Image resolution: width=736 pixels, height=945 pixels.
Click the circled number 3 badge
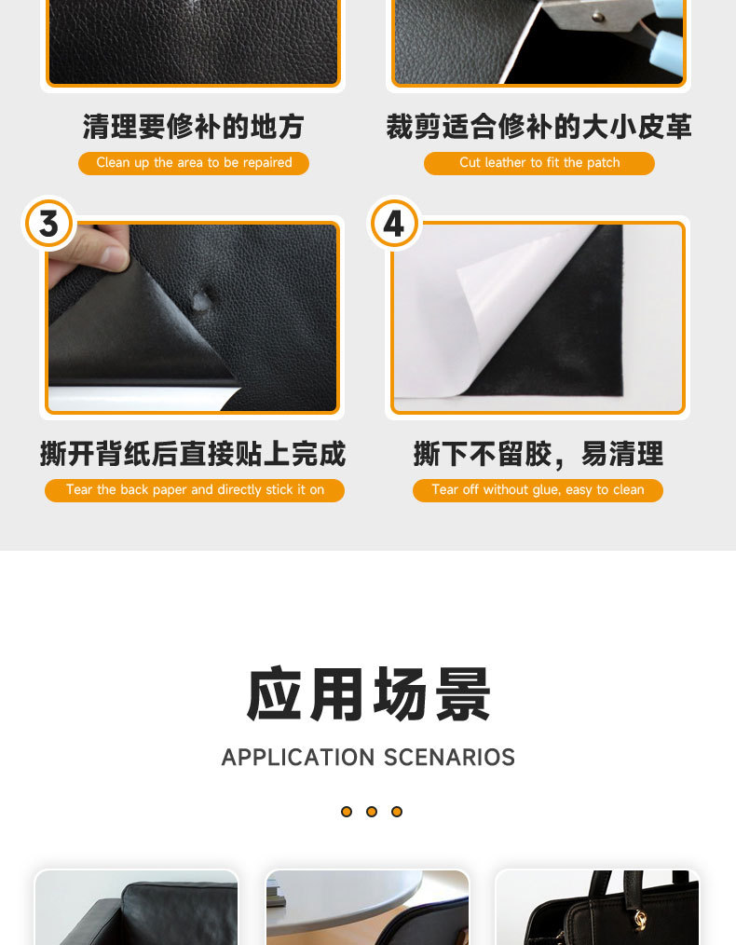48,225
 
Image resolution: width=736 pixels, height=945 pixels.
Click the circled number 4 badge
394,225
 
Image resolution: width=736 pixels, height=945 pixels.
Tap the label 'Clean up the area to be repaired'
194,163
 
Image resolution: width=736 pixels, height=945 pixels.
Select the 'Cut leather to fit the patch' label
538,163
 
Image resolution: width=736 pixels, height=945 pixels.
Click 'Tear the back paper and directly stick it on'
195,490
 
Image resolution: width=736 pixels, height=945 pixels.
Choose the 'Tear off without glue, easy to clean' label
538,490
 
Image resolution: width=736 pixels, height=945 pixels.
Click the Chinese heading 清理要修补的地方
194,127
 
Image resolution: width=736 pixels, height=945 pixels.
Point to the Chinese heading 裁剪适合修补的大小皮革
538,127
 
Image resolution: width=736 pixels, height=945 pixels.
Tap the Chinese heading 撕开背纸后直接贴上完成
193,454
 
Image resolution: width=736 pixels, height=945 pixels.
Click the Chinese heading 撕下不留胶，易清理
538,454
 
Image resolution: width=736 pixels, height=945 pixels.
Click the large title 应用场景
368,694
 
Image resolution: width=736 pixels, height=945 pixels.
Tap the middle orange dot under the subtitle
372,812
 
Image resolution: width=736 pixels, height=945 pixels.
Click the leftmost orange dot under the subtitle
347,812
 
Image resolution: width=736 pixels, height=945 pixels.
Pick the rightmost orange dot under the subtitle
397,812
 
